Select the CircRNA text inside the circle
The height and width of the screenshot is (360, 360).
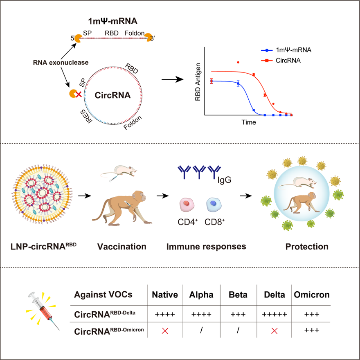point(112,95)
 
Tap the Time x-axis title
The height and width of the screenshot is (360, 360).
point(249,122)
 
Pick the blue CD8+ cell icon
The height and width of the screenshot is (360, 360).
point(214,204)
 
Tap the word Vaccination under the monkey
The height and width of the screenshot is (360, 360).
point(122,246)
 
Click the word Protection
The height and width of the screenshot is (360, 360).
point(308,246)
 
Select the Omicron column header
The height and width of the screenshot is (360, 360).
point(311,295)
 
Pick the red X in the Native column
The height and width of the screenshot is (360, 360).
point(165,330)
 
